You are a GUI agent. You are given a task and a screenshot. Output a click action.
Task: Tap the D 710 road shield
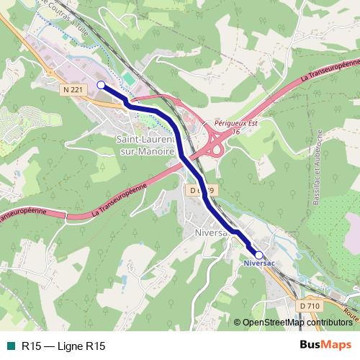tap(309, 306)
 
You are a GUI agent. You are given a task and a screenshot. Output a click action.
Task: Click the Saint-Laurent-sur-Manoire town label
tap(145, 145)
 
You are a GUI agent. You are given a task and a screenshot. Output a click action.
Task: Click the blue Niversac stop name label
tap(259, 264)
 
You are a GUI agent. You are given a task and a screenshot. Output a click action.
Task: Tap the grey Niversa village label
tap(211, 233)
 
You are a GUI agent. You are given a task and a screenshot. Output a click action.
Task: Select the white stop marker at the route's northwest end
tap(101, 85)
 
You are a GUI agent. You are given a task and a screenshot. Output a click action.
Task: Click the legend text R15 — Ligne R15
tap(63, 346)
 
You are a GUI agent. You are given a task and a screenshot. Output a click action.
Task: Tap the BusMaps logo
tap(325, 345)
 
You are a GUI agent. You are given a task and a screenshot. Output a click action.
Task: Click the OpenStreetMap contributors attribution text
tap(297, 323)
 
